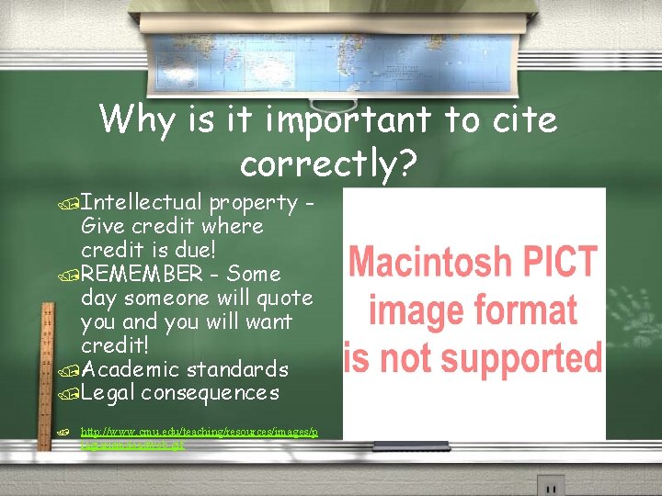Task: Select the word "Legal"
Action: click(108, 393)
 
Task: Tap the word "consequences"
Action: click(211, 393)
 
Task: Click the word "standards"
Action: click(237, 369)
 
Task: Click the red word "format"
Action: click(524, 310)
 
